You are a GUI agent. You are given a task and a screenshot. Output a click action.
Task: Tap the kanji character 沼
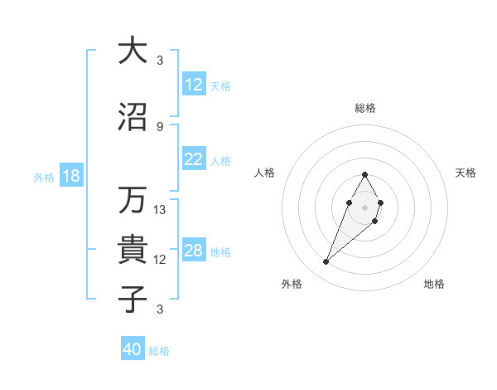(132, 117)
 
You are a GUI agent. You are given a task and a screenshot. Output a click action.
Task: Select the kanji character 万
(132, 200)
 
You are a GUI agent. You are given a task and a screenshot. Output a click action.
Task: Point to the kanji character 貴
(132, 251)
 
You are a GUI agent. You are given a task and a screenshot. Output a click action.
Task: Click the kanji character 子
(132, 300)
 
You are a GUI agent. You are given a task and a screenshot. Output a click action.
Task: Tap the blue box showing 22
(193, 160)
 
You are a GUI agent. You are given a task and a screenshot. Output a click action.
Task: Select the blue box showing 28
(193, 251)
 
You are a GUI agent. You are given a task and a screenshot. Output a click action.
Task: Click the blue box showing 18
(70, 177)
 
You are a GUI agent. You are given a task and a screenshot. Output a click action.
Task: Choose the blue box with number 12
(193, 85)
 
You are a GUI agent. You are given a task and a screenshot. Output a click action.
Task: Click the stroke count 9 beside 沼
(160, 126)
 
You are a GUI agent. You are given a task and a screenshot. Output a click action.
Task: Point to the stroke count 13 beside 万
(160, 210)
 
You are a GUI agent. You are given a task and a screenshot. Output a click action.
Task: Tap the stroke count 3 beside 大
(160, 60)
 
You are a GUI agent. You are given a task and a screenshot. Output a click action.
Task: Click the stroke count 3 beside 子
(160, 310)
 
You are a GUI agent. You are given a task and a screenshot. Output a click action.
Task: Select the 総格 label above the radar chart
(364, 108)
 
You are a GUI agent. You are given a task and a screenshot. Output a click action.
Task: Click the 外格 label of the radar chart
(292, 284)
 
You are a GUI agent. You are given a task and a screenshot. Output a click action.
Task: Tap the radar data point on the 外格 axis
(326, 262)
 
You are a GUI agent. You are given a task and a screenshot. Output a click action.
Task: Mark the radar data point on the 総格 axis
(364, 174)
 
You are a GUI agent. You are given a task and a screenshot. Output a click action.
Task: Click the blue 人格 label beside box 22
(220, 161)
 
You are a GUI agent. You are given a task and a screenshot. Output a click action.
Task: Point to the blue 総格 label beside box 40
(159, 351)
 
